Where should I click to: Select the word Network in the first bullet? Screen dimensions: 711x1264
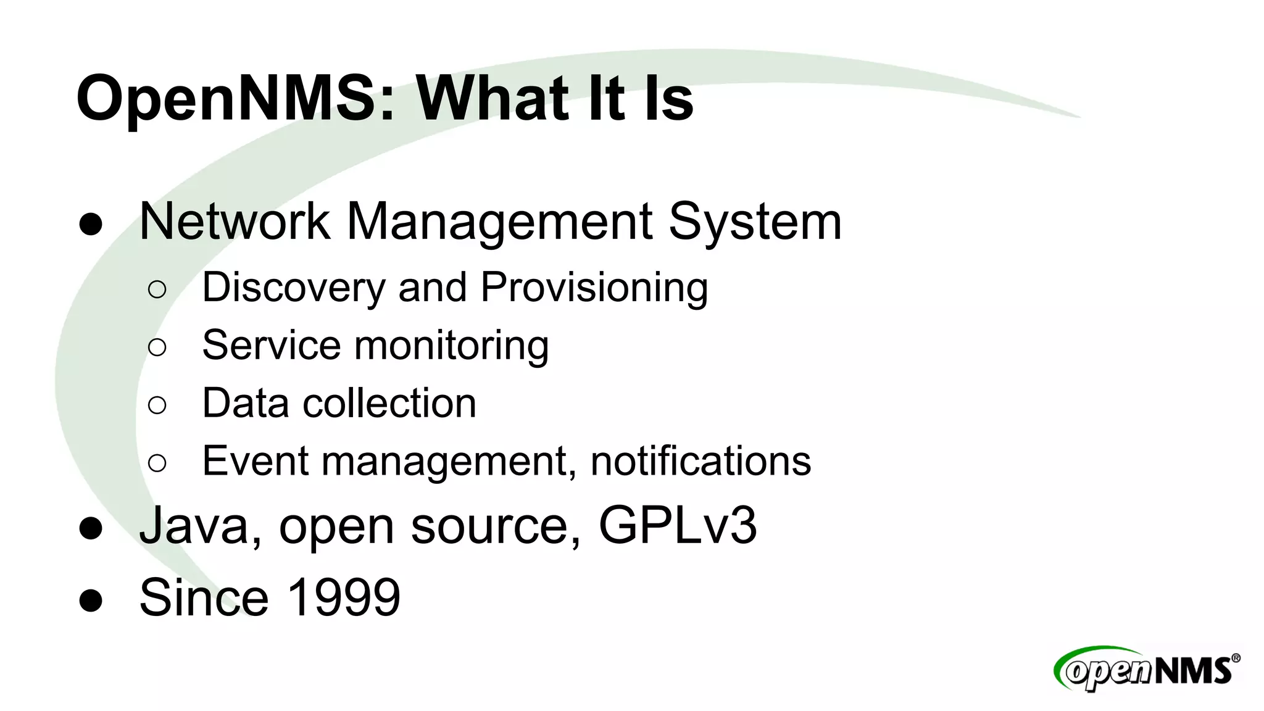[x=235, y=222]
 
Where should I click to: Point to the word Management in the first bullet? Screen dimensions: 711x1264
[x=499, y=222]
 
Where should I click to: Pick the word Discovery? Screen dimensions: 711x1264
[x=294, y=288]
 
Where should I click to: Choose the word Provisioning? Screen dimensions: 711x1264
[x=594, y=288]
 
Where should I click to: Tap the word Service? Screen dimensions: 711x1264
[x=271, y=345]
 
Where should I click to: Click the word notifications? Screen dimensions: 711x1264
[x=701, y=460]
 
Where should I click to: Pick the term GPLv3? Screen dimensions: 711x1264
[x=677, y=526]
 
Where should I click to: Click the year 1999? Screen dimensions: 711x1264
[x=344, y=597]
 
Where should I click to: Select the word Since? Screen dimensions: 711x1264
[x=204, y=597]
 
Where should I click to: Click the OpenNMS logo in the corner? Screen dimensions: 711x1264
[x=1146, y=669]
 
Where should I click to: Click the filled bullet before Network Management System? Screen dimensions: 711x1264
[x=91, y=224]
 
